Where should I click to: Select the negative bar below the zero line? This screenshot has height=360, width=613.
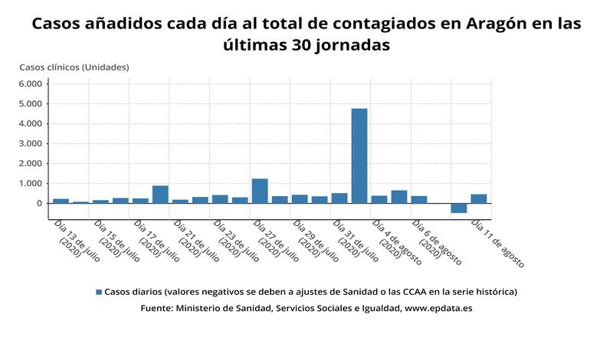click(x=459, y=208)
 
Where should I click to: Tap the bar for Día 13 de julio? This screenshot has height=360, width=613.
click(x=61, y=201)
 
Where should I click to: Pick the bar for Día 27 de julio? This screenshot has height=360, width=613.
click(x=260, y=191)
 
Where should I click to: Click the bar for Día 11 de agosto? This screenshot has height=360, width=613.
click(x=479, y=198)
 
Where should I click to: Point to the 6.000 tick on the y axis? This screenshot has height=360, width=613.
click(x=31, y=83)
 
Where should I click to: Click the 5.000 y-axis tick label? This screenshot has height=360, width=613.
click(x=31, y=103)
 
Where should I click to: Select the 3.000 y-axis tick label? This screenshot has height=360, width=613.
click(x=31, y=143)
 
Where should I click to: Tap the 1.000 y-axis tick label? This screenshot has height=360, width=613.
click(x=31, y=183)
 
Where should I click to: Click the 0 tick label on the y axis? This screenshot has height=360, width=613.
click(x=38, y=203)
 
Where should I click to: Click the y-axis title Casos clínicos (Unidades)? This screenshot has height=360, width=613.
click(x=74, y=67)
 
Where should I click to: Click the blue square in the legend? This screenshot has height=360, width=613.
click(x=98, y=292)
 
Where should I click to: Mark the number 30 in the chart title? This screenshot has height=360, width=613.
click(x=297, y=45)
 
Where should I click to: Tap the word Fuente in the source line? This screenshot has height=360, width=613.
click(x=156, y=308)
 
